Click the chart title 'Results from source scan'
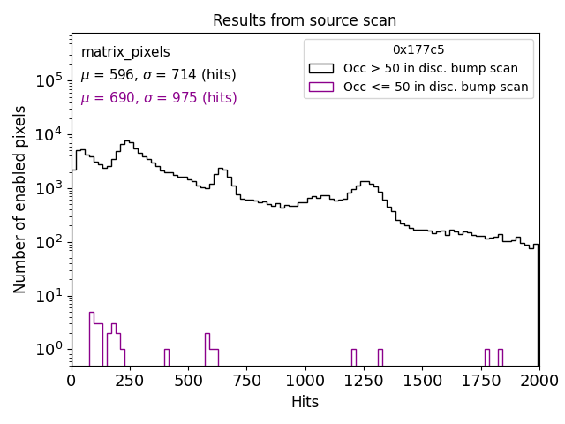[305, 20]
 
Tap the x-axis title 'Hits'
[305, 402]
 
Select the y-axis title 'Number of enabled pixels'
[20, 200]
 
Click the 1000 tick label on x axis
[305, 380]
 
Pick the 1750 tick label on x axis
[480, 380]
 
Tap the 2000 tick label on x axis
[539, 380]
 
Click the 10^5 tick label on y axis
[49, 80]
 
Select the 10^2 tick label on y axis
[49, 242]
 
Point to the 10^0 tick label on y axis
[49, 350]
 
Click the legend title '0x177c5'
[418, 49]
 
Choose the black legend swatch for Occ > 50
[322, 68]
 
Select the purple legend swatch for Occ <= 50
[322, 87]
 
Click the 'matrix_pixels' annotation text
[125, 52]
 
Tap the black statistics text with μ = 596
[158, 75]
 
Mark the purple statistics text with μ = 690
[158, 98]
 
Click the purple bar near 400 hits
[166, 357]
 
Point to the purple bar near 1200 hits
[353, 357]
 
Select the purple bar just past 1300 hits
[380, 357]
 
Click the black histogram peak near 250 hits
[129, 141]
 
